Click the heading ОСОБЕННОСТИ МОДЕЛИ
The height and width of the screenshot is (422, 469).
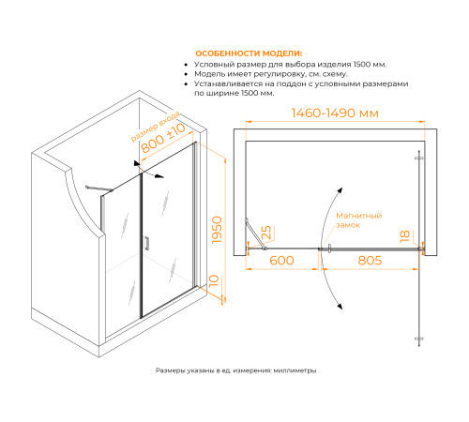click(249, 53)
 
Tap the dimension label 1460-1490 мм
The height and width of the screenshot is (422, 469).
click(335, 113)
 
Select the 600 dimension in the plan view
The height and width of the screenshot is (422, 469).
click(281, 261)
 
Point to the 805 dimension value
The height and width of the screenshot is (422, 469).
click(370, 261)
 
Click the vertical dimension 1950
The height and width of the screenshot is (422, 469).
click(217, 230)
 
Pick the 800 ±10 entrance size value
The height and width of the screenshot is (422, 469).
click(163, 138)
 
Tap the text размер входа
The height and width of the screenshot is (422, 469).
click(156, 127)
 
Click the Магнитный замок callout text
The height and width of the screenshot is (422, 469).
click(359, 220)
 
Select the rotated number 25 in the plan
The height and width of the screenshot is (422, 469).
click(266, 233)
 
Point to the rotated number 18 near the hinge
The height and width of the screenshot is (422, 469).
click(405, 236)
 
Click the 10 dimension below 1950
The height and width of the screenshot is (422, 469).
click(214, 280)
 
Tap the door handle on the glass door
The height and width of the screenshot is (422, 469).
click(146, 243)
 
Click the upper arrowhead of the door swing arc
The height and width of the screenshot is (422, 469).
click(340, 190)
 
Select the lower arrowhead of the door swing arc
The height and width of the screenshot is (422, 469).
click(340, 306)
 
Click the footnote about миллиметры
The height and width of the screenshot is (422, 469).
click(235, 370)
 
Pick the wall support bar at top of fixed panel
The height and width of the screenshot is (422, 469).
click(98, 188)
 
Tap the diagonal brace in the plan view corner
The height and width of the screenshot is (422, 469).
click(256, 234)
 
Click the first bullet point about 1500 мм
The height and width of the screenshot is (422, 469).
click(290, 65)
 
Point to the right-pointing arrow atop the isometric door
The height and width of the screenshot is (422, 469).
click(154, 175)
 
